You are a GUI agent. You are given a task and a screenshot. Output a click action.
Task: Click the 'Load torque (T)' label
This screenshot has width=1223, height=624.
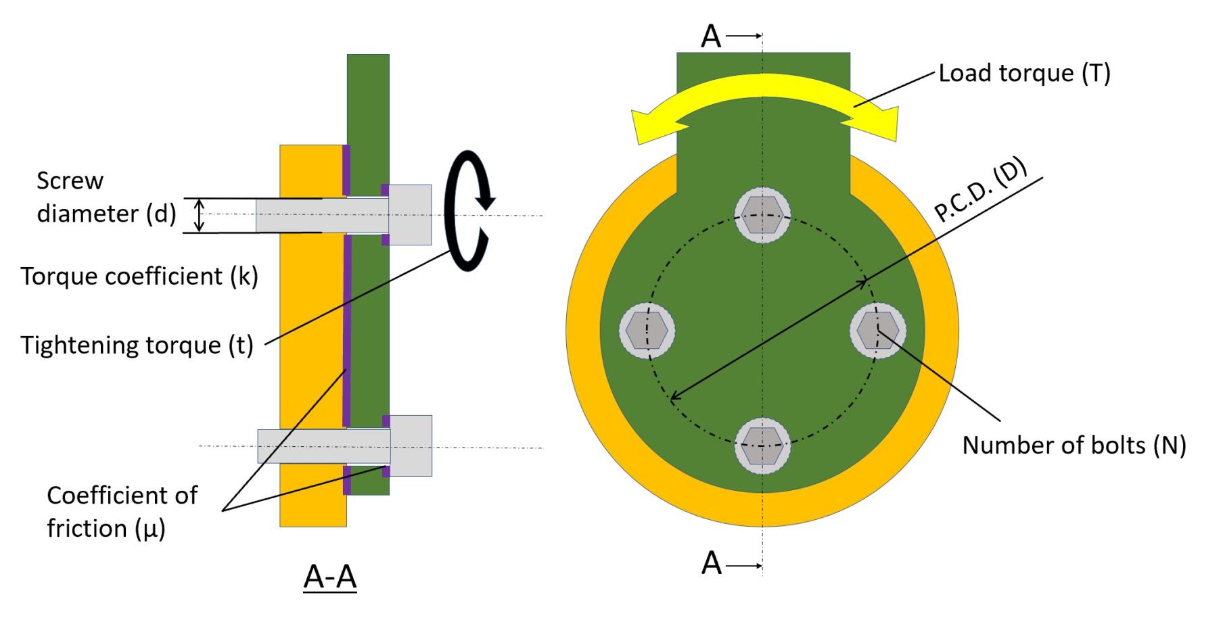[x=1024, y=73]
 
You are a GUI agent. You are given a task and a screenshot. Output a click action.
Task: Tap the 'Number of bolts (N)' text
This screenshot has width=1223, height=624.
[x=1074, y=446]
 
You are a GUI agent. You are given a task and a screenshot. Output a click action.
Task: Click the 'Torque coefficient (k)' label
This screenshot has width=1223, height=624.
[x=139, y=277]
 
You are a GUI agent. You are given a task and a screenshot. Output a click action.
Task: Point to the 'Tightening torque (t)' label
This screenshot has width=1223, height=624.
[x=137, y=345]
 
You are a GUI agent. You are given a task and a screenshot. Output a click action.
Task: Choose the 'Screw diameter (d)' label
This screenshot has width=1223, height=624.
[x=106, y=197]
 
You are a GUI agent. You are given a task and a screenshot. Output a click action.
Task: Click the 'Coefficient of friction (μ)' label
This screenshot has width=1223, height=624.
[x=122, y=512]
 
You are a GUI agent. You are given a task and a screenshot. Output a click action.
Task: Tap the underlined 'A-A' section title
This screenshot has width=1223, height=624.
[x=330, y=577]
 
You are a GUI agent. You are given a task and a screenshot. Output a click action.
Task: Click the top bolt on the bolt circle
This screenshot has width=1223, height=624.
[x=762, y=216]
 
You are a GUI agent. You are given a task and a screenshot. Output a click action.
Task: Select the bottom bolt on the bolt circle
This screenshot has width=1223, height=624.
[x=762, y=446]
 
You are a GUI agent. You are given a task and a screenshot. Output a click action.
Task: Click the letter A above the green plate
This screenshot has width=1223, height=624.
[x=711, y=37]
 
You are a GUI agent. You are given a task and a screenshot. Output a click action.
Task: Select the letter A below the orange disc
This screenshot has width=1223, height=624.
[x=711, y=563]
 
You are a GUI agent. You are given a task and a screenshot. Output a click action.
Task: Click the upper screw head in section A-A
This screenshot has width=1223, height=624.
[x=410, y=215]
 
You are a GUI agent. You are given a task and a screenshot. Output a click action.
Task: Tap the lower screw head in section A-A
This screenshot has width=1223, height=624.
[x=411, y=446]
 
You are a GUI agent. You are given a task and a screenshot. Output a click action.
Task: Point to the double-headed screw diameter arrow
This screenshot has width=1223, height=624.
[x=199, y=216]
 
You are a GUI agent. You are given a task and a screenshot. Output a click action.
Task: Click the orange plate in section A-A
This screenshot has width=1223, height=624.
[x=311, y=325]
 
